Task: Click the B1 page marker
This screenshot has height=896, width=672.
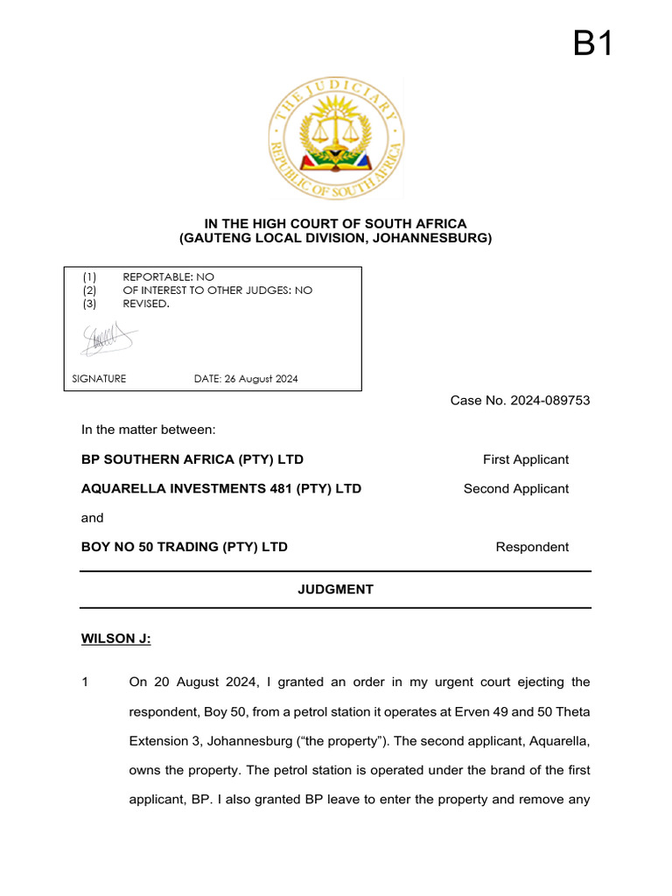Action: [x=592, y=43]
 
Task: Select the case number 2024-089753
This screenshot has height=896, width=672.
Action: [x=520, y=401]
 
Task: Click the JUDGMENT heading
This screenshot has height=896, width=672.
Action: [x=336, y=590]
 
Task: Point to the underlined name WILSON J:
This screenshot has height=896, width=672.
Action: [x=115, y=640]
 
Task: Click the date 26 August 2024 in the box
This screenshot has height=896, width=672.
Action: [x=246, y=379]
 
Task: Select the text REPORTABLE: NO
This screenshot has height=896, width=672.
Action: [x=168, y=276]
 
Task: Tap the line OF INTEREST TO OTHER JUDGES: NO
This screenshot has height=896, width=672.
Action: [x=217, y=290]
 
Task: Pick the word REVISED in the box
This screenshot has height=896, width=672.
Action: [x=145, y=304]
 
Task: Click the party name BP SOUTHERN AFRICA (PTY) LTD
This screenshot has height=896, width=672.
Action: [x=192, y=459]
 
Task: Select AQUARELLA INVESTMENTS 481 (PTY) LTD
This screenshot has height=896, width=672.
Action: [x=221, y=488]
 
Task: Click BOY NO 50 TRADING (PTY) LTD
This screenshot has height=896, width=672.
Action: [x=185, y=547]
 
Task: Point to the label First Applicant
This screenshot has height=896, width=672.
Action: [x=525, y=459]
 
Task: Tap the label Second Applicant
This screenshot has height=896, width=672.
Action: [x=515, y=488]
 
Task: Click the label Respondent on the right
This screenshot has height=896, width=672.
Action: [x=532, y=547]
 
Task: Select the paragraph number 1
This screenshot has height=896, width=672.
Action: [x=85, y=682]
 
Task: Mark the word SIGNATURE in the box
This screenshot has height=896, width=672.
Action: [x=99, y=379]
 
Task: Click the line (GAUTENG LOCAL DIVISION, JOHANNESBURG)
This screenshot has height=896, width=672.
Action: [x=336, y=238]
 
